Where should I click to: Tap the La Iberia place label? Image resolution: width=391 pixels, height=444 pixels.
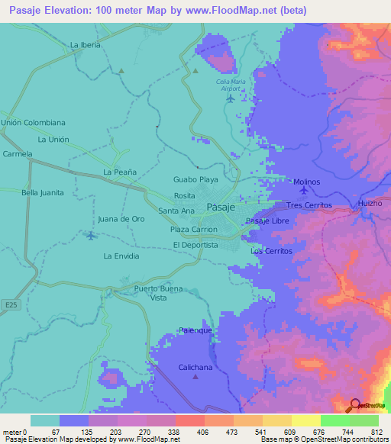tap(85, 45)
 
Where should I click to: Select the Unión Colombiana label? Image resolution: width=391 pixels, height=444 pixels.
tap(33, 122)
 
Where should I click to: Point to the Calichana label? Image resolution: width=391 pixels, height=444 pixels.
tap(195, 367)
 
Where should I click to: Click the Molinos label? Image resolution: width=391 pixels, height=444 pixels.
tap(306, 182)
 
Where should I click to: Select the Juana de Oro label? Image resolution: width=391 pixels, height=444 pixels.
tap(121, 219)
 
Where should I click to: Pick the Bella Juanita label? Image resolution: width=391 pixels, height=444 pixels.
tap(42, 193)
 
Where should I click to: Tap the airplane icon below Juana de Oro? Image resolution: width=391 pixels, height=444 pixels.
tap(92, 235)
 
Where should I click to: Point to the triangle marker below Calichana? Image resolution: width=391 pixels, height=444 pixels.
tap(195, 376)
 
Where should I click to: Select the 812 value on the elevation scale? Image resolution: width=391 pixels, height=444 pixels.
tap(374, 432)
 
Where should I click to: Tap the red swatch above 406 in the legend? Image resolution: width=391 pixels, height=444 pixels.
tap(189, 420)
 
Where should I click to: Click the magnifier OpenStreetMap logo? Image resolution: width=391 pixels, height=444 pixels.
tap(355, 405)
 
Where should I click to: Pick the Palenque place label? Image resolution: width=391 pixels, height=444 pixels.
tap(195, 330)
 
